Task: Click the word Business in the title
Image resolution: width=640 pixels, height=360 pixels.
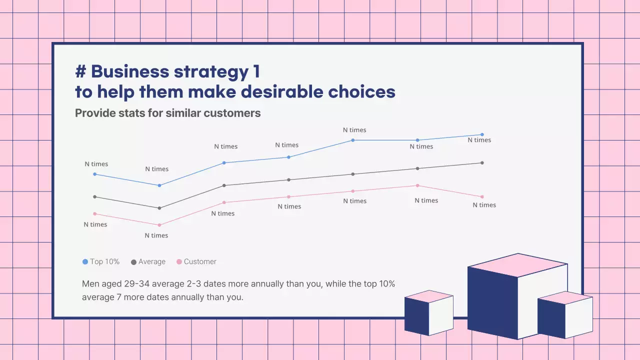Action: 129,72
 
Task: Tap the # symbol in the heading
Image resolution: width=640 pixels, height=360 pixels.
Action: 80,72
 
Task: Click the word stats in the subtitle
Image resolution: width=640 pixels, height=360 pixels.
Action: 131,113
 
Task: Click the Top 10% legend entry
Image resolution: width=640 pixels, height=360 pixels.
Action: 101,261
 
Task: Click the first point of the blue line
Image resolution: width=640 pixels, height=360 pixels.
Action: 95,174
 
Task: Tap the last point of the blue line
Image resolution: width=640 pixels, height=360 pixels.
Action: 482,134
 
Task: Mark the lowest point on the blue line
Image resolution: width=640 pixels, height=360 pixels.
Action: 159,185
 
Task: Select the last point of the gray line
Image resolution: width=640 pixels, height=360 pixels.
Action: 482,163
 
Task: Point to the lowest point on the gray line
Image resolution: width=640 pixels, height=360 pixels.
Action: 159,208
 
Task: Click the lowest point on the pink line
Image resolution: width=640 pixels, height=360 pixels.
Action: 159,225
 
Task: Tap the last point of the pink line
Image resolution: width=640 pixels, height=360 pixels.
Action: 482,197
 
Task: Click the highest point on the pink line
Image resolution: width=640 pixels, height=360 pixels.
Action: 417,185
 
